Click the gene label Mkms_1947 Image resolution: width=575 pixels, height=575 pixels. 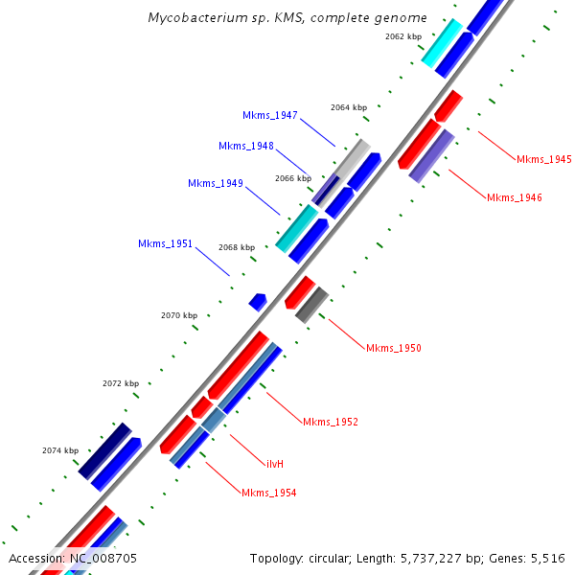pyautogui.click(x=269, y=115)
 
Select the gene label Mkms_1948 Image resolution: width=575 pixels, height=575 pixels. pyautogui.click(x=245, y=146)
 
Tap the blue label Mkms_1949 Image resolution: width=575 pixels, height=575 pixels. pyautogui.click(x=215, y=183)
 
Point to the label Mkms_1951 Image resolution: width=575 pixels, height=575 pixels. pyautogui.click(x=165, y=244)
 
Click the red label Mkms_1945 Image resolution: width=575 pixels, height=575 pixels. pyautogui.click(x=543, y=159)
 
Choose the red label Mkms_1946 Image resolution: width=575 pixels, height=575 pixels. pyautogui.click(x=514, y=197)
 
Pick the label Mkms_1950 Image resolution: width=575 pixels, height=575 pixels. pyautogui.click(x=393, y=348)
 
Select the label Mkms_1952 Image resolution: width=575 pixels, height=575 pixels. pyautogui.click(x=330, y=422)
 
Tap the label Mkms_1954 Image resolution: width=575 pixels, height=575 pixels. pyautogui.click(x=268, y=493)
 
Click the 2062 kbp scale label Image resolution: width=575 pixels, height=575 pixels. pyautogui.click(x=402, y=36)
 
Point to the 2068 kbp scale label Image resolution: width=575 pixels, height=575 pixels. pyautogui.click(x=236, y=247)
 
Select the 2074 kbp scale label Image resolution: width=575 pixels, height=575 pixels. pyautogui.click(x=59, y=449)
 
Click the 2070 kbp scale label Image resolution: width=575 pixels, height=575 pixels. pyautogui.click(x=178, y=315)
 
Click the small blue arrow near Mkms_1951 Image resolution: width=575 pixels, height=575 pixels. pyautogui.click(x=257, y=302)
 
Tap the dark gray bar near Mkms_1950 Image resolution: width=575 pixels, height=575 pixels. pyautogui.click(x=311, y=304)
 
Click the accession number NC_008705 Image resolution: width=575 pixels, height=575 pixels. pyautogui.click(x=103, y=558)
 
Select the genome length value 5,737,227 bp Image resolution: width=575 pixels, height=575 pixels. pyautogui.click(x=440, y=558)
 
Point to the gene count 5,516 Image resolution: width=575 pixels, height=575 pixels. pyautogui.click(x=546, y=558)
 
